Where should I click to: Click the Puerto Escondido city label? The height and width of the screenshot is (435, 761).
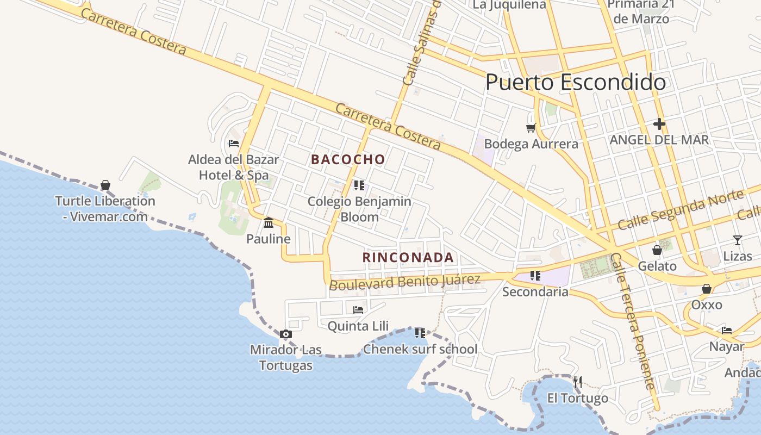[575, 82]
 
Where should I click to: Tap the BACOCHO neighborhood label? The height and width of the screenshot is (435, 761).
[348, 159]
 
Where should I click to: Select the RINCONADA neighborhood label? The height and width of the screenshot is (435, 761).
[408, 257]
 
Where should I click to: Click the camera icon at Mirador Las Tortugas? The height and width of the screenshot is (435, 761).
[285, 334]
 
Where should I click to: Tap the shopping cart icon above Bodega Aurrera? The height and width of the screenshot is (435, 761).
[531, 128]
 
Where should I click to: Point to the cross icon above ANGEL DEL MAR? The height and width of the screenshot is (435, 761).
[659, 124]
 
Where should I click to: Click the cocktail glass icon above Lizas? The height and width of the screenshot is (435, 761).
[737, 240]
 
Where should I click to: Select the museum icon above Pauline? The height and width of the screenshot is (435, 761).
[269, 222]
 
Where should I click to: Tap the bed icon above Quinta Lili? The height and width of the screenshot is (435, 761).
[358, 309]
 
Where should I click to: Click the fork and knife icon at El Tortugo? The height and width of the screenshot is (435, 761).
[577, 382]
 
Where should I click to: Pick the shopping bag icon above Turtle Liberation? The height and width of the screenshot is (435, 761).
[105, 185]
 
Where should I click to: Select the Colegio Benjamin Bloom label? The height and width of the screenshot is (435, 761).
[359, 209]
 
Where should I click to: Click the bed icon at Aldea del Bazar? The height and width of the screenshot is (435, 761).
[234, 144]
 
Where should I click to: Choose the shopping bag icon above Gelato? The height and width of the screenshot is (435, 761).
[657, 250]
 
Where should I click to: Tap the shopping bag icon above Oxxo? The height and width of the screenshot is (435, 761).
[706, 289]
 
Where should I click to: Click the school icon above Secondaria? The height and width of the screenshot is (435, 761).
[535, 276]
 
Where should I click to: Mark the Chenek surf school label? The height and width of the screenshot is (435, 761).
[420, 349]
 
